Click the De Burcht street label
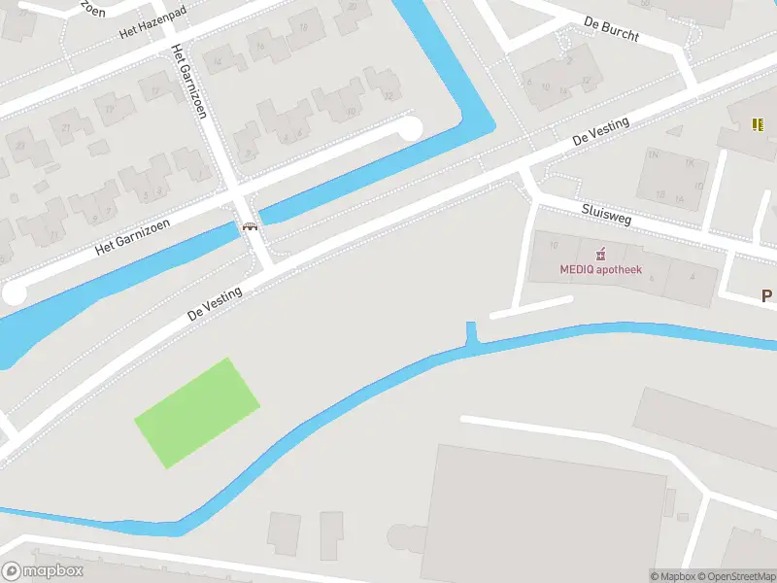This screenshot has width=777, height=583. point(612,27)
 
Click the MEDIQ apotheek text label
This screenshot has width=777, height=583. point(600,271)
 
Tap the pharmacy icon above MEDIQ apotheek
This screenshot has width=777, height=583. point(601,255)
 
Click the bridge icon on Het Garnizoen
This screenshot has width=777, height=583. point(251,226)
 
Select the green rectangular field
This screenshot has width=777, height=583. point(197,412)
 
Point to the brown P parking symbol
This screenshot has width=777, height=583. point(766,296)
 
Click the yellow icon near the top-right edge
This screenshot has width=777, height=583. point(758,123)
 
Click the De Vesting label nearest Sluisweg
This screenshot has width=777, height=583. point(601,132)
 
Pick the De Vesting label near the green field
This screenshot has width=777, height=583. point(216,301)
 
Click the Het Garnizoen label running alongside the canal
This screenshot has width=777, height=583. point(133,236)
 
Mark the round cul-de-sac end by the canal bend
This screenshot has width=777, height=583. point(411,127)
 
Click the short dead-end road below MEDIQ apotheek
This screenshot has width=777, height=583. point(530,308)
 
